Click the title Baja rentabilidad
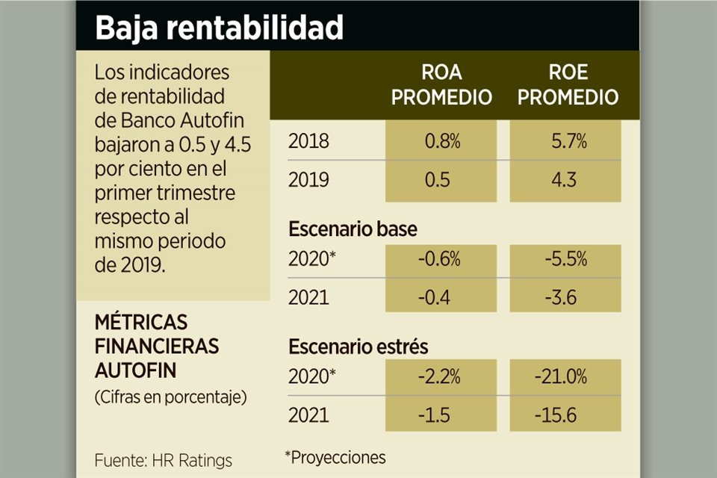(x=219, y=28)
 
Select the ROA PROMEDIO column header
(x=441, y=84)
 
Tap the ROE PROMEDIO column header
(x=567, y=84)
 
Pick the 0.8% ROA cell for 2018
(x=441, y=141)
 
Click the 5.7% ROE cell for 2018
(x=567, y=141)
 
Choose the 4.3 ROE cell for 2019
(x=567, y=180)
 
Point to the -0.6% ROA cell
(x=441, y=260)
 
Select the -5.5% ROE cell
(x=567, y=260)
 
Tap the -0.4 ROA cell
(x=441, y=298)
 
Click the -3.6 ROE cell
(x=567, y=298)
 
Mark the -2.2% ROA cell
(x=441, y=377)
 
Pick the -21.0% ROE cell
(x=567, y=377)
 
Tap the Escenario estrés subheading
(x=358, y=347)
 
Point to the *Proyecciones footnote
(x=335, y=456)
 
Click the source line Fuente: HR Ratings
(x=164, y=460)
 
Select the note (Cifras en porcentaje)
(x=170, y=397)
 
